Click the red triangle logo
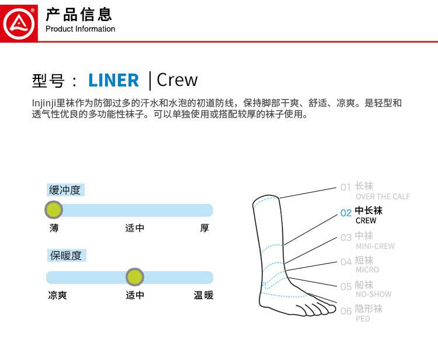click(x=19, y=22)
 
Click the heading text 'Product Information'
click(x=80, y=29)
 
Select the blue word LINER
click(x=114, y=80)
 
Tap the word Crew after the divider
click(x=178, y=80)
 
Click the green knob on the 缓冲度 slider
click(x=53, y=209)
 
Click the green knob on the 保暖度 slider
click(x=135, y=276)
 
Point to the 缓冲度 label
click(x=65, y=190)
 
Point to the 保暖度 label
click(x=65, y=255)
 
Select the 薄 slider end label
click(x=54, y=229)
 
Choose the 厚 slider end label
click(x=204, y=229)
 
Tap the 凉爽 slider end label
click(x=57, y=296)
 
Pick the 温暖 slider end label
click(x=204, y=296)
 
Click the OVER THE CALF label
click(x=383, y=197)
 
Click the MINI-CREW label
click(x=375, y=246)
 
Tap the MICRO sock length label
click(x=367, y=270)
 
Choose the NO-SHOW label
click(x=373, y=295)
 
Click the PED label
click(x=363, y=319)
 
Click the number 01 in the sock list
click(x=346, y=188)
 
